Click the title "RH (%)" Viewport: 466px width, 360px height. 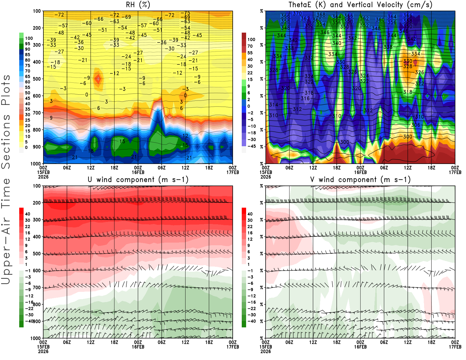point(138,5)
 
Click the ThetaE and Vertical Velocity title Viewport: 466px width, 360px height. point(360,5)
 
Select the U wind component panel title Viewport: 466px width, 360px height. point(138,179)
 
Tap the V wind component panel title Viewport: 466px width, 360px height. point(360,179)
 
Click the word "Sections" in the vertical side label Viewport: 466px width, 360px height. point(6,141)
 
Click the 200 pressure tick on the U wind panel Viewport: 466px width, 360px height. point(37,203)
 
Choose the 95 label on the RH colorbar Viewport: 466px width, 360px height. point(27,44)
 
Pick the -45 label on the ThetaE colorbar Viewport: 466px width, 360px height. point(252,146)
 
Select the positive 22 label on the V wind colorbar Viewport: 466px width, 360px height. point(250,227)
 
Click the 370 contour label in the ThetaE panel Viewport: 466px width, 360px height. point(297,13)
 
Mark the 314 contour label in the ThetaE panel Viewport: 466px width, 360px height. point(273,105)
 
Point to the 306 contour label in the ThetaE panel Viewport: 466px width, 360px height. point(416,125)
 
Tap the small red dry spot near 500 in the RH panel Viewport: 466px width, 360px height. point(98,79)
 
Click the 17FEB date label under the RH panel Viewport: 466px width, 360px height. point(233,172)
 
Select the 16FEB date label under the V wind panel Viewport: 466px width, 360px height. point(360,347)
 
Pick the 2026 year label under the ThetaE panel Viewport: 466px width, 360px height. point(266,177)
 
